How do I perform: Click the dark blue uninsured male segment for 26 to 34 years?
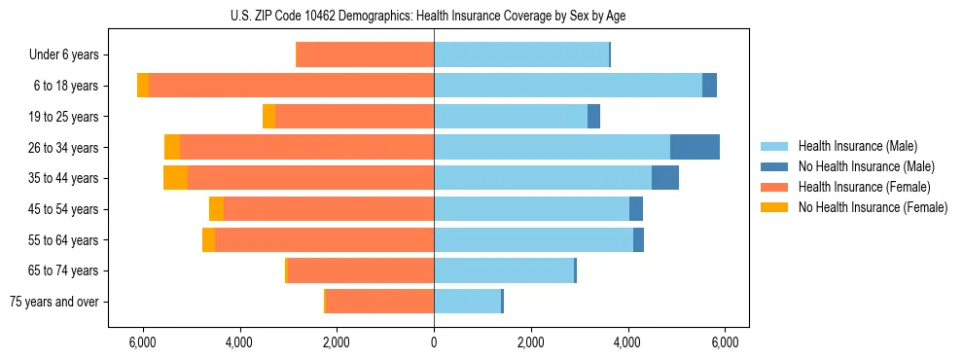click(695, 147)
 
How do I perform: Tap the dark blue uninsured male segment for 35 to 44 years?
click(664, 178)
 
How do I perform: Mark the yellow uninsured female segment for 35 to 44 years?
click(175, 178)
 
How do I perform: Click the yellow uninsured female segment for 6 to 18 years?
click(143, 86)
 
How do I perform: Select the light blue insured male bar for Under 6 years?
click(520, 54)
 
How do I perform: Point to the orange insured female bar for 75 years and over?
click(379, 302)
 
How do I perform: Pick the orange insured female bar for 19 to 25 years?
click(354, 117)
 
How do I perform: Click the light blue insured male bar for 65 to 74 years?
click(503, 270)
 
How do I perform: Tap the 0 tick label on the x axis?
click(434, 342)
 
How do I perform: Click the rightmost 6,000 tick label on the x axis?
click(725, 342)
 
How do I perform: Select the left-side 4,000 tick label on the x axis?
click(239, 342)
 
